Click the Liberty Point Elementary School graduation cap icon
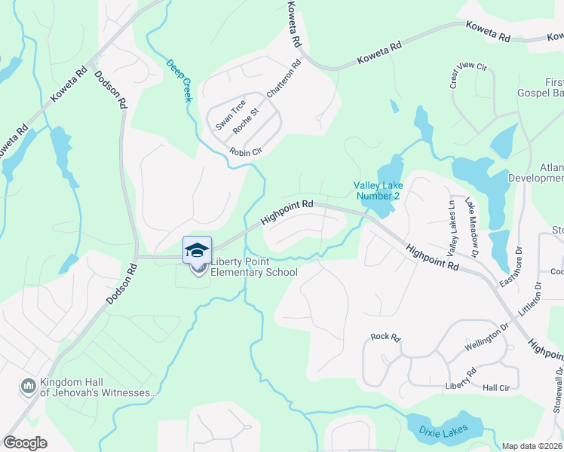point(197,250)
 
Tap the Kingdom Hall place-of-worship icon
point(29,385)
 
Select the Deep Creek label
point(179,81)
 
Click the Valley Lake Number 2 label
point(379,191)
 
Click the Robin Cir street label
point(245,151)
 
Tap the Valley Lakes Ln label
point(452,227)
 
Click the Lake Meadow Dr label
point(471,219)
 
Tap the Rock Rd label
point(385,337)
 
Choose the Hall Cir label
point(497,386)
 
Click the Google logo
point(25,442)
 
